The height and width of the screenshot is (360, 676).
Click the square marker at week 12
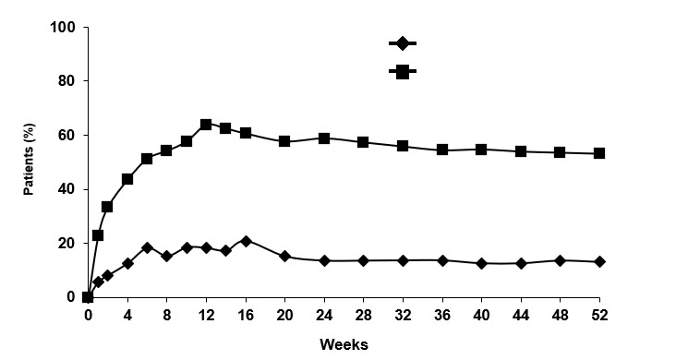coord(206,125)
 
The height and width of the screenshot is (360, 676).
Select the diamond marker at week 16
coord(245,241)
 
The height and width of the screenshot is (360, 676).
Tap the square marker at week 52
coord(599,153)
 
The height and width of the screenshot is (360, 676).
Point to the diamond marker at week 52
coord(599,262)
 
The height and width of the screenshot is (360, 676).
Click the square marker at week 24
coord(324,138)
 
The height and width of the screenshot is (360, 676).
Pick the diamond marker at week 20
coord(284,256)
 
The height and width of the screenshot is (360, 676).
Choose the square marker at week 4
coord(127,179)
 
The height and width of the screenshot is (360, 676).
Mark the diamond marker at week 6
coord(147,247)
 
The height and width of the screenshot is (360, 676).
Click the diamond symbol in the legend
coord(403,43)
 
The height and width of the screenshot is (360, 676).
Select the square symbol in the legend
coord(403,71)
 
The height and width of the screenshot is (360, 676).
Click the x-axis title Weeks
coord(344,344)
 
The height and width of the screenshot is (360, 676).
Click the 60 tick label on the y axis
coord(66,135)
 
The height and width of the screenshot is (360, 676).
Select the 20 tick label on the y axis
coord(66,243)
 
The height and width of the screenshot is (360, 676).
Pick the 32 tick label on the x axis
coord(403,315)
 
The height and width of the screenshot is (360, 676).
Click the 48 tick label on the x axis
coord(560,315)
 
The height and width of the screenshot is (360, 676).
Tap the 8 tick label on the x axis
coord(166,315)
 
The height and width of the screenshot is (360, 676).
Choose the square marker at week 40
coord(481,149)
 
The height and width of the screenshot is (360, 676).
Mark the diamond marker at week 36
coord(442,260)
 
